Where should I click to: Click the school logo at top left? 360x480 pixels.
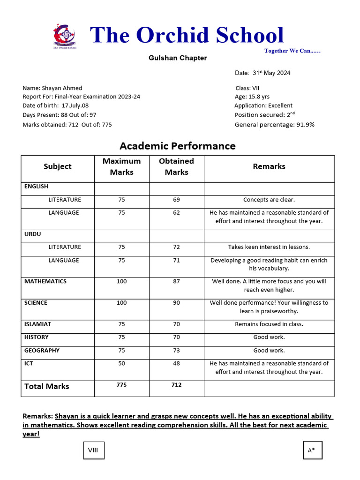coord(65,36)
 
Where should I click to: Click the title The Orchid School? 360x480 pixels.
coord(187,36)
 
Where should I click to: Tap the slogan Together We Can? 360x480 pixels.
coord(292,51)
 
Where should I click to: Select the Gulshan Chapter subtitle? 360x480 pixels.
coord(178,58)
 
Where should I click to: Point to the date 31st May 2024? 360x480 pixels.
coord(262,73)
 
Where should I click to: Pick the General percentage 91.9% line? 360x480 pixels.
coord(274,125)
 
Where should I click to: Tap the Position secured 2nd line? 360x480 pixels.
coord(265,115)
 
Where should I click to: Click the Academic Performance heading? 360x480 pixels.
coord(178,146)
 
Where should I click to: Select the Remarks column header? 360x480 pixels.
coord(269,166)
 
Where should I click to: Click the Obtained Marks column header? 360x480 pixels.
coord(176,166)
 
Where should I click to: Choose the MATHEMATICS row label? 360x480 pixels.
coord(45,282)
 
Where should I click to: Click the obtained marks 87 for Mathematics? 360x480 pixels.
coord(176,282)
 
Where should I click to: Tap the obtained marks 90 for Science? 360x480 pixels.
coord(176,303)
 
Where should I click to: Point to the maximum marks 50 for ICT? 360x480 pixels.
coord(121,363)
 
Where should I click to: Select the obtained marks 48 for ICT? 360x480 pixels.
coord(176,363)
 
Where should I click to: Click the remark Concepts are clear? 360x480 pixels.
coord(269,200)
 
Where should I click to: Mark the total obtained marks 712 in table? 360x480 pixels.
coord(176,385)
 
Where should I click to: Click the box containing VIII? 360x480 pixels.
coord(94,450)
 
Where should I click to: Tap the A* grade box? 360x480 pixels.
coord(312,450)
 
